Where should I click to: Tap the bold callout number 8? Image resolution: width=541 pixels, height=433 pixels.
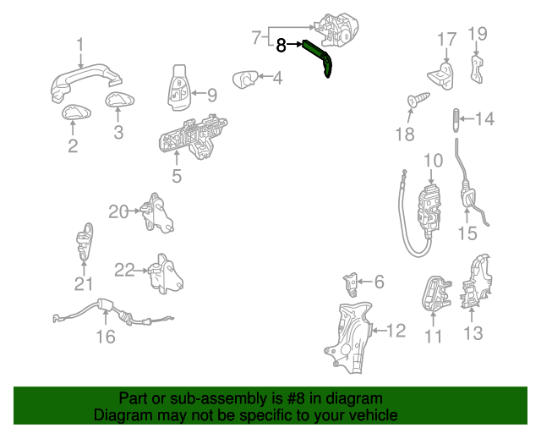(x=281, y=45)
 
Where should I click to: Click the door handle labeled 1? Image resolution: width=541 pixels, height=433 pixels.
(x=86, y=83)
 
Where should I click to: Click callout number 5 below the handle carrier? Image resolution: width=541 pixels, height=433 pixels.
(x=177, y=176)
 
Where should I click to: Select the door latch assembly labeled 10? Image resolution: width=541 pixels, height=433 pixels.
(x=429, y=211)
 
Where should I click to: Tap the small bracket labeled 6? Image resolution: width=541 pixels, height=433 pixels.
(x=351, y=284)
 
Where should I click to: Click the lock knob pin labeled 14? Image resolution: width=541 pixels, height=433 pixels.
(x=456, y=120)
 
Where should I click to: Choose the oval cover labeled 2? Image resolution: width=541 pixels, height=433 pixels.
(x=76, y=112)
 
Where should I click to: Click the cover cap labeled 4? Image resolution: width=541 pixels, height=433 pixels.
(x=245, y=79)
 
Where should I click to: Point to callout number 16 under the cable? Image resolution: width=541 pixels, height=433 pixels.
(x=106, y=337)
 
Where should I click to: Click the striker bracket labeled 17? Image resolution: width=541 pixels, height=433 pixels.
(x=441, y=76)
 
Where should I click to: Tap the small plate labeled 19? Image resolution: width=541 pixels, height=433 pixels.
(x=477, y=69)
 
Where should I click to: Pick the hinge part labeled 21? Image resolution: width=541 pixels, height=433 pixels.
(x=85, y=241)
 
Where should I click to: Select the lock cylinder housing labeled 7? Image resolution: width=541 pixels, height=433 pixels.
(x=336, y=30)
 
